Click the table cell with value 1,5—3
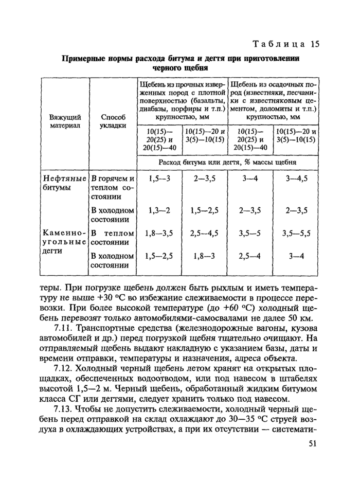[158, 179]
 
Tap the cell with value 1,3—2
[158, 210]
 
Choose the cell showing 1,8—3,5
[158, 233]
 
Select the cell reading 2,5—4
[249, 256]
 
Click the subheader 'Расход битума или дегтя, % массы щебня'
[228, 163]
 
